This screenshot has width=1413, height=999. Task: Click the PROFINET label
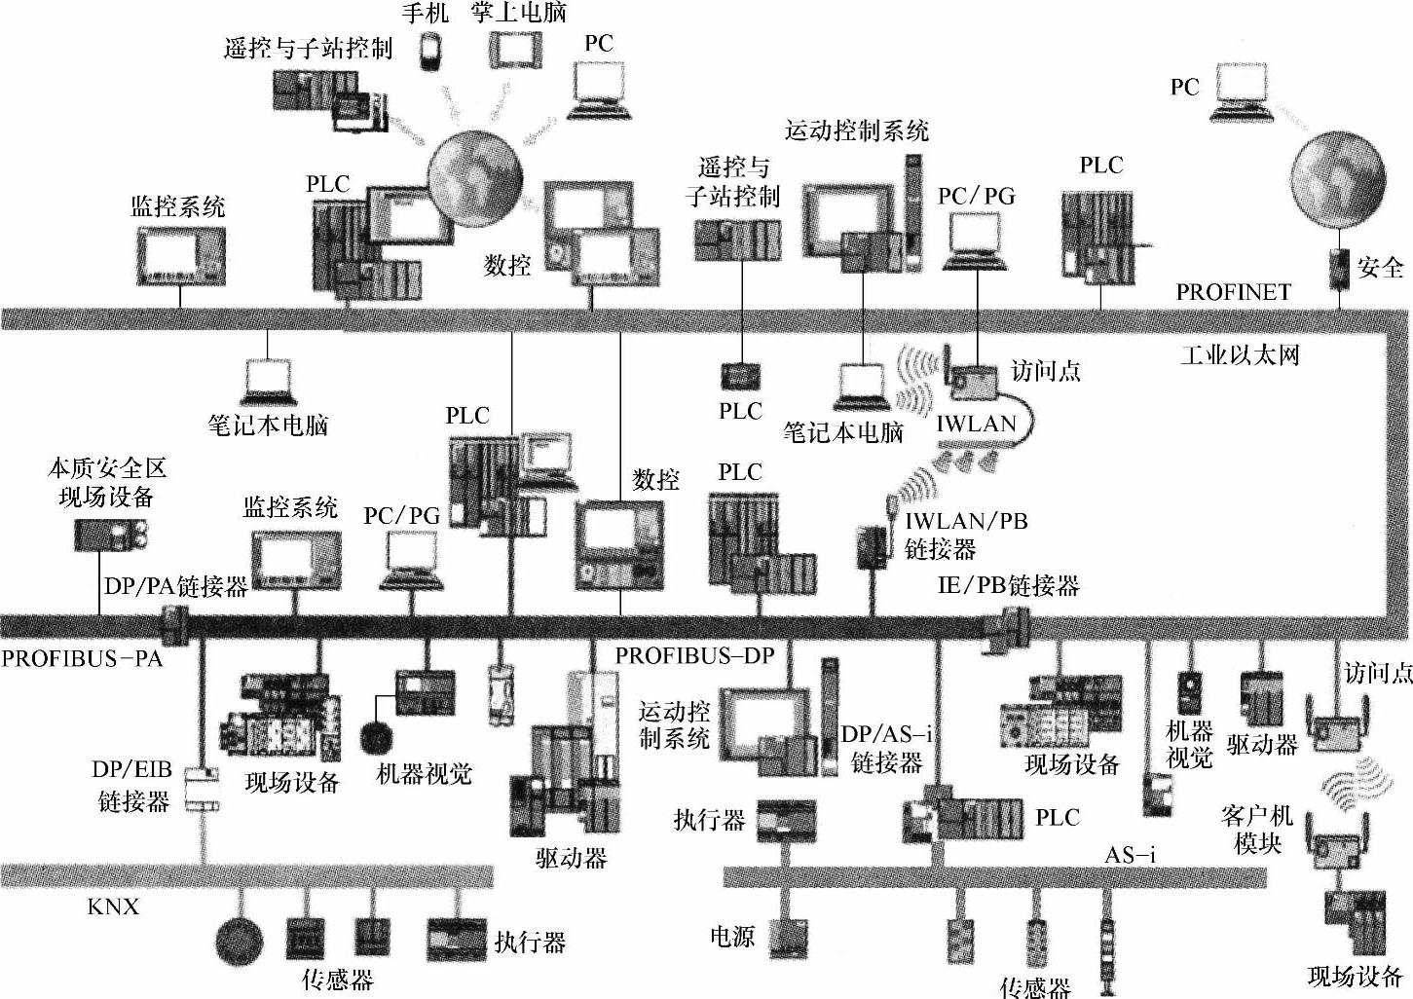click(x=1233, y=292)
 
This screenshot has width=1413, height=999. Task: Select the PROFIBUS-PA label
click(x=81, y=658)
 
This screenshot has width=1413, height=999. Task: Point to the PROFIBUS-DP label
click(x=694, y=655)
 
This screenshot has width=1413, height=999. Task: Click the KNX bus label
click(x=113, y=907)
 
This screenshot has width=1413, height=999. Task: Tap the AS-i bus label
click(x=1130, y=855)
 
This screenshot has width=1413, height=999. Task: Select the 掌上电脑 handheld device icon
click(x=513, y=50)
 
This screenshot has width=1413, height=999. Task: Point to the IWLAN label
click(x=976, y=424)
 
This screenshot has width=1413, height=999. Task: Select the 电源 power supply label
click(x=732, y=937)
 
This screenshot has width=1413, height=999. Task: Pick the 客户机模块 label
click(x=1256, y=829)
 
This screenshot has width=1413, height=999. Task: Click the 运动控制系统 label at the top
click(x=856, y=130)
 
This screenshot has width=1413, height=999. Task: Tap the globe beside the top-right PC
click(x=1337, y=179)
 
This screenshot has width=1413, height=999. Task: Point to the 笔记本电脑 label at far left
click(x=268, y=425)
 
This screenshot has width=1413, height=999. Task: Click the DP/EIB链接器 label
click(x=132, y=785)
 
